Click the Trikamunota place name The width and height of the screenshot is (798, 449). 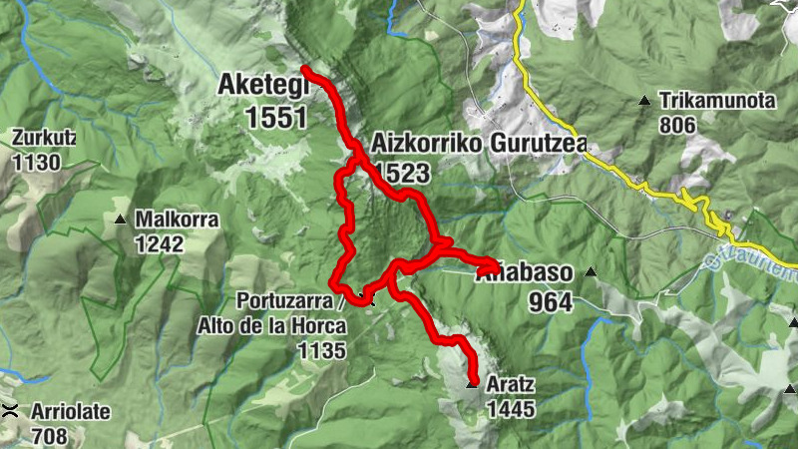click(717, 101)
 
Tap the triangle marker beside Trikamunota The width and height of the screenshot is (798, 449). click(645, 100)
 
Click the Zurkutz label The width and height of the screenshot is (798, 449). click(44, 137)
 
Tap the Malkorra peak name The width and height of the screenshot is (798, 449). click(177, 219)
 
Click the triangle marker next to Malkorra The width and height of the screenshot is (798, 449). click(121, 219)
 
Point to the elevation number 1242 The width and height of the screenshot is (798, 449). click(160, 243)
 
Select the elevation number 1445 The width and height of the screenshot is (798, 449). click(511, 408)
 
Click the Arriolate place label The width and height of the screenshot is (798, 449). click(71, 411)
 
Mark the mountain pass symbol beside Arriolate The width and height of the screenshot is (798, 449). click(11, 411)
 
